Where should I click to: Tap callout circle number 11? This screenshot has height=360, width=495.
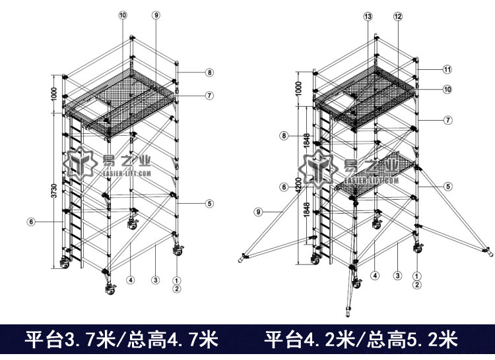click(x=447, y=69)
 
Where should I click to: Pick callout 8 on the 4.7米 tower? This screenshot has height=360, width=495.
click(x=209, y=73)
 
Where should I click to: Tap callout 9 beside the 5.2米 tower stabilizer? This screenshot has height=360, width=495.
click(x=259, y=212)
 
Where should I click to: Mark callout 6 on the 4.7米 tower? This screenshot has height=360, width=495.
click(x=30, y=222)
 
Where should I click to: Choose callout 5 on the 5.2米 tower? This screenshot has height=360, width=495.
click(x=448, y=187)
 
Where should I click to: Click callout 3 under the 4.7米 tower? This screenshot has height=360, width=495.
click(x=154, y=280)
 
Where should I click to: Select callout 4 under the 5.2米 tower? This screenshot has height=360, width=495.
click(x=374, y=275)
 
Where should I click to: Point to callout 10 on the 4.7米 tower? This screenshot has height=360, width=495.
click(x=123, y=15)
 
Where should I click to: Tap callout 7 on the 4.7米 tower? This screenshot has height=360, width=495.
click(x=209, y=96)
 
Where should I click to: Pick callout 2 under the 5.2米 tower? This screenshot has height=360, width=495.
click(x=416, y=285)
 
